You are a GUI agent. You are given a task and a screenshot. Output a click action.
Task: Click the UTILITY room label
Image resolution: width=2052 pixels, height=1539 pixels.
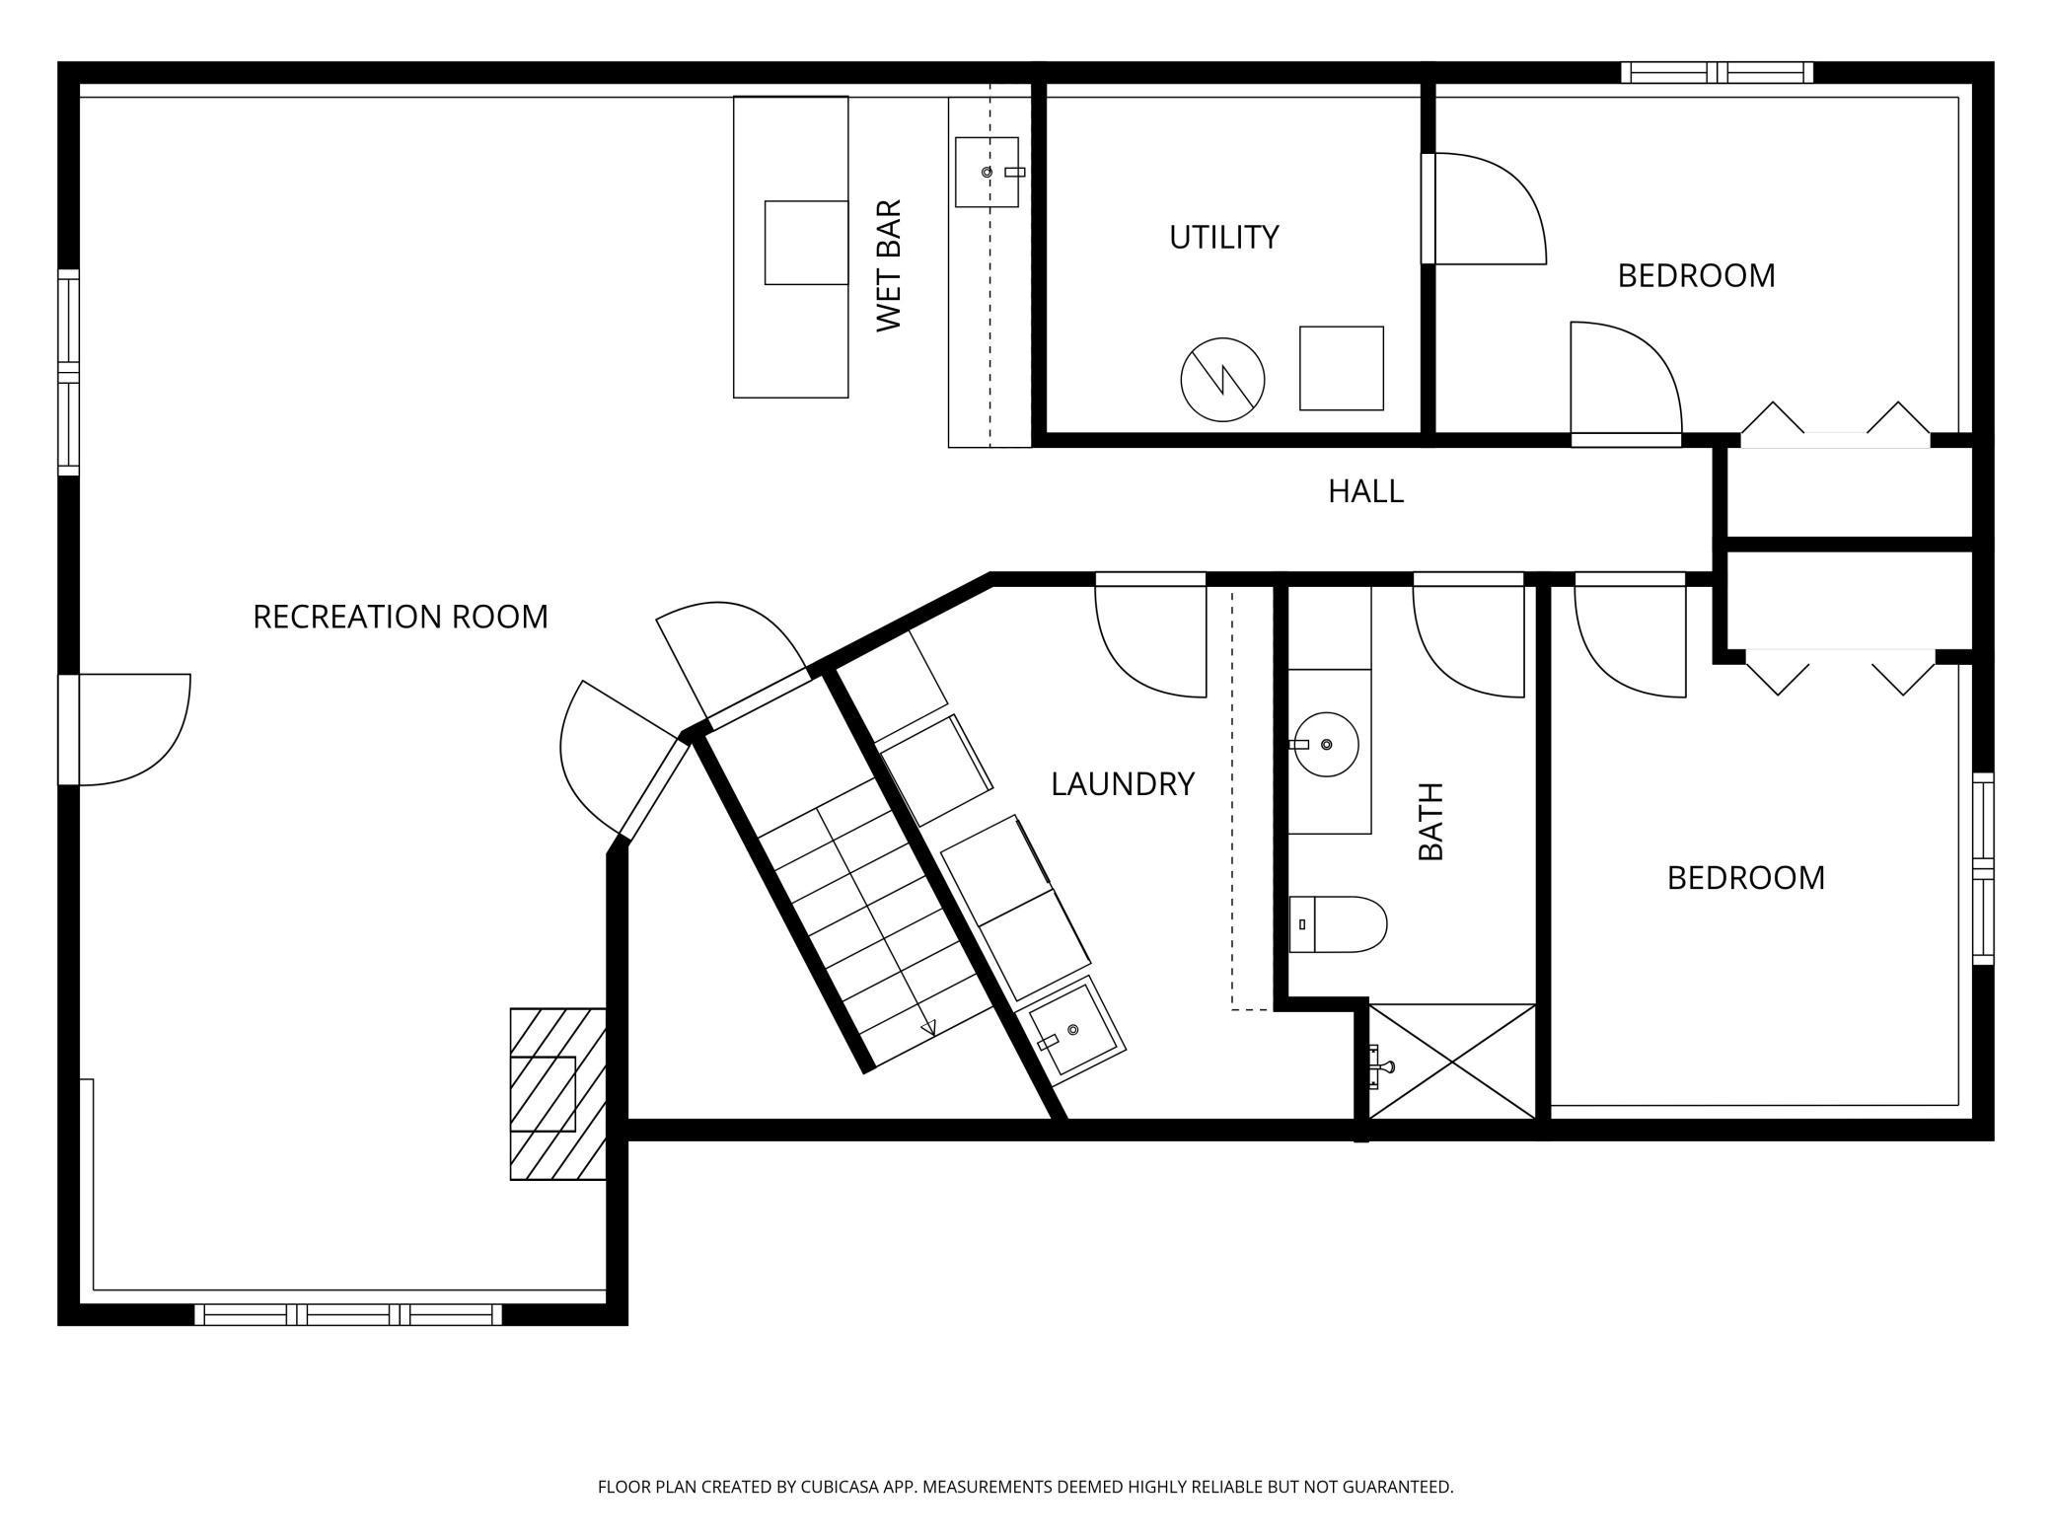click(1223, 238)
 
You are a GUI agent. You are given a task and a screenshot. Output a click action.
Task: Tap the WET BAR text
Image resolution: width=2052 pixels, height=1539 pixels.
click(889, 265)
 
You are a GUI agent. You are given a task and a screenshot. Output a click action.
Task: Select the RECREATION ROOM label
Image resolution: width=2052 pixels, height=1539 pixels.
click(401, 617)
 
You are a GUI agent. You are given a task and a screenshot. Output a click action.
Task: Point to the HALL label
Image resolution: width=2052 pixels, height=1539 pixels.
click(1365, 491)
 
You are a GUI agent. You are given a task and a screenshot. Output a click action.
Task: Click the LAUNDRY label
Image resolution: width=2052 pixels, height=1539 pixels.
click(1123, 784)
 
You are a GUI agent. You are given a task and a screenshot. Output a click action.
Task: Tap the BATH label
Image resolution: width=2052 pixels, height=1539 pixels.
click(1430, 821)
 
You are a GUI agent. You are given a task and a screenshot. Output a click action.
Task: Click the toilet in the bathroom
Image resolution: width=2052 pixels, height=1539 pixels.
click(1338, 924)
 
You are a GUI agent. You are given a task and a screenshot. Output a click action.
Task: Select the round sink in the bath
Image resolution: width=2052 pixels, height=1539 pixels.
click(1326, 744)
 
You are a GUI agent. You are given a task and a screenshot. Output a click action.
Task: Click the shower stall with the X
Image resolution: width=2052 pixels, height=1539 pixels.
click(1452, 1062)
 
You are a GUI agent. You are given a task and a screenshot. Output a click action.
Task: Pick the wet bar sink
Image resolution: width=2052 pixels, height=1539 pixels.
click(987, 173)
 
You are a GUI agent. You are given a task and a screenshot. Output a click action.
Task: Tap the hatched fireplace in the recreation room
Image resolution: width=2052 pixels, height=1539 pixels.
click(557, 1094)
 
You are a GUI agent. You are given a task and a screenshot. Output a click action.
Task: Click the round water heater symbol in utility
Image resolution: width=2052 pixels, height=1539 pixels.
click(1223, 379)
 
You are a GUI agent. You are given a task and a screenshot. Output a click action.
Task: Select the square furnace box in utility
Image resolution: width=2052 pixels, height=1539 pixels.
click(1342, 368)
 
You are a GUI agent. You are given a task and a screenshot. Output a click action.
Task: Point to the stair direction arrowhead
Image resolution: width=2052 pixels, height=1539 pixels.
click(927, 1029)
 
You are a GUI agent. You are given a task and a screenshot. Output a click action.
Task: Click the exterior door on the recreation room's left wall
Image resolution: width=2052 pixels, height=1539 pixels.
click(124, 730)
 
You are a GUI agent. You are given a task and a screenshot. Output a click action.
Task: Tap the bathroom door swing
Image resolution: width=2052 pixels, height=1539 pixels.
click(1469, 641)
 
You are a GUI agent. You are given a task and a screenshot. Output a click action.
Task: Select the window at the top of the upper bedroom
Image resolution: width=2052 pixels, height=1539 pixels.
click(1718, 72)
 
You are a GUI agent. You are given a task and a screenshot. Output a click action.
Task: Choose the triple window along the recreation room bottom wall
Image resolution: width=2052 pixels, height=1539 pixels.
click(348, 1314)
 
